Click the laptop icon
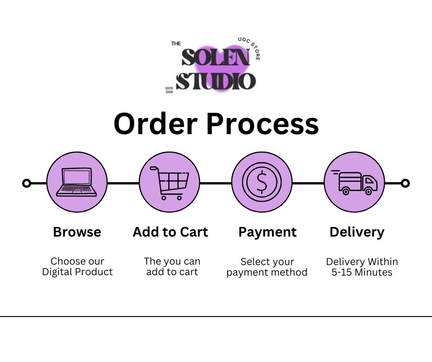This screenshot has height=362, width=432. tap(77, 182)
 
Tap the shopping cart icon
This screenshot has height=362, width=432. tap(170, 183)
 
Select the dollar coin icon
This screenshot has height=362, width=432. tap(262, 182)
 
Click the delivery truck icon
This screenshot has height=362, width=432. tap(354, 182)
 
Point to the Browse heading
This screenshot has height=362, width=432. tap(77, 232)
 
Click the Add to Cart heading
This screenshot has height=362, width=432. tap(170, 232)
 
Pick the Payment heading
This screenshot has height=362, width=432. tap(267, 232)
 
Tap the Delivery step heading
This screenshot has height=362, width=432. tap(357, 232)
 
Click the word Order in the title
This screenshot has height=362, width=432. tap(156, 124)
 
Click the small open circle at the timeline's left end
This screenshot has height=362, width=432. tap(27, 183)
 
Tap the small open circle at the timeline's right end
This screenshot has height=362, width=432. tap(405, 183)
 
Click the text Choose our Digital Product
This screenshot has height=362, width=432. tap(77, 266)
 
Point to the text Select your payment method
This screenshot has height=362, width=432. tap(267, 267)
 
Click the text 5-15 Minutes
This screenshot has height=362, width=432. tap(362, 272)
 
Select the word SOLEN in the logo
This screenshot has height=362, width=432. tap(216, 57)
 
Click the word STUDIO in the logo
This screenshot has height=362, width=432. tap(216, 81)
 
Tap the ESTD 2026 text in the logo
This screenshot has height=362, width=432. tap(169, 90)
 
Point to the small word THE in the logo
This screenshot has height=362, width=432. tap(176, 44)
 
